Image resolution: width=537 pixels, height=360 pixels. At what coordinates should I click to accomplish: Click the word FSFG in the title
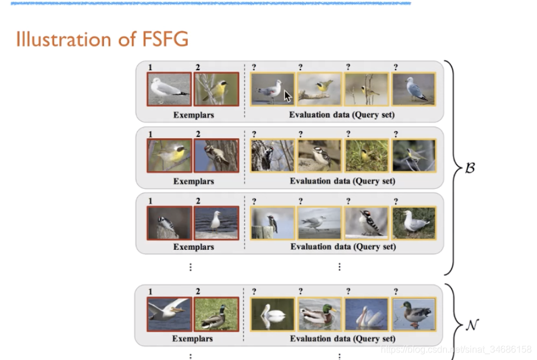tap(165, 39)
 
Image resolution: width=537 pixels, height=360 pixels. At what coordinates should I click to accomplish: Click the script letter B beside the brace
tap(470, 168)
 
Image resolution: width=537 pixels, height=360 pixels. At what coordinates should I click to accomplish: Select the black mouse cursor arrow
tap(288, 96)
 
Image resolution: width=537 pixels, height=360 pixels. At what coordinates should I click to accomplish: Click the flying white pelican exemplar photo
tap(169, 314)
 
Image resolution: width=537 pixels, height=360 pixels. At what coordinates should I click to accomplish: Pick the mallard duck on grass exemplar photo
tap(216, 314)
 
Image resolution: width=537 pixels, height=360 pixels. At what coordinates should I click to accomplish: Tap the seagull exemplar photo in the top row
tap(169, 89)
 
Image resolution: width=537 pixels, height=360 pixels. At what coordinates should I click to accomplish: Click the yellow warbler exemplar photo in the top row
tap(216, 89)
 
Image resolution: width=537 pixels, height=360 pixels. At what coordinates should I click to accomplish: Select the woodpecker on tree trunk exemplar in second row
tap(216, 156)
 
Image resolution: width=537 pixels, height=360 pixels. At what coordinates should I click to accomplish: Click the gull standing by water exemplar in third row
tap(216, 223)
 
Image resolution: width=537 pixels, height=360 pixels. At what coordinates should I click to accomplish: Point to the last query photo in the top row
tap(414, 89)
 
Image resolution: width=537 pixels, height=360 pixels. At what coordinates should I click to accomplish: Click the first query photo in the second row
tap(272, 156)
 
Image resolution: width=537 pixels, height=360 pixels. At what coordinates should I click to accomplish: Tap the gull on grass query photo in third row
tap(414, 223)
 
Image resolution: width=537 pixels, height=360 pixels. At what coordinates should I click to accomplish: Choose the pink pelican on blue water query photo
tap(367, 314)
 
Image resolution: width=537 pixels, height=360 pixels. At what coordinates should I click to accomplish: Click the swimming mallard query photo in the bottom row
tap(320, 314)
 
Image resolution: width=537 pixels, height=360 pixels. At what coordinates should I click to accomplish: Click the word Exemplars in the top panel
tap(194, 115)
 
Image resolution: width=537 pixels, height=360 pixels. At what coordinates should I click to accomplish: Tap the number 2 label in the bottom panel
tap(198, 291)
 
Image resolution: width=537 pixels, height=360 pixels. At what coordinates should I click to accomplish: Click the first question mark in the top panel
tap(254, 67)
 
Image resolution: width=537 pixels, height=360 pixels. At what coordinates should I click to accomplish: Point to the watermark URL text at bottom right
tap(456, 350)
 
